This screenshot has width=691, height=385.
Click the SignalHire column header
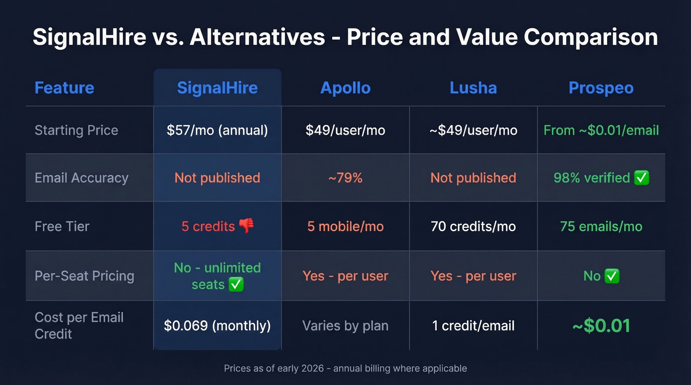click(x=217, y=88)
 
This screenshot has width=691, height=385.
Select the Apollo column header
click(x=345, y=88)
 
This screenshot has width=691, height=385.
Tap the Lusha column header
click(x=473, y=88)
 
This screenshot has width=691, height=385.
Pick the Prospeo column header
click(x=601, y=88)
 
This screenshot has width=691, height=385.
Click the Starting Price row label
click(x=77, y=130)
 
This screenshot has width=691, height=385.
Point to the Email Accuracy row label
click(x=81, y=178)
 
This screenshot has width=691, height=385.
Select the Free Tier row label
click(x=62, y=226)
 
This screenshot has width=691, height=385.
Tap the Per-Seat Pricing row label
click(x=84, y=276)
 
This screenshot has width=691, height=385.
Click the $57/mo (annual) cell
click(x=217, y=130)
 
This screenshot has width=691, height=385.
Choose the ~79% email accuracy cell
click(x=345, y=178)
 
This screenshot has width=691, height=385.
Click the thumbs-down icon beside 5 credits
click(x=246, y=226)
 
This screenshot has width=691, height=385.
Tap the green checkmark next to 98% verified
click(x=642, y=178)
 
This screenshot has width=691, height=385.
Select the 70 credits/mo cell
click(x=473, y=226)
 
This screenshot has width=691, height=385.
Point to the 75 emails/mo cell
click(x=601, y=226)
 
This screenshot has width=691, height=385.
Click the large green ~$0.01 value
click(x=601, y=326)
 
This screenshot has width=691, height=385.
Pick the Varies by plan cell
click(x=345, y=326)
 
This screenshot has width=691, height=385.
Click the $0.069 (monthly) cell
click(x=217, y=326)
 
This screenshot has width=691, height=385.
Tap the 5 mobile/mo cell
click(x=345, y=226)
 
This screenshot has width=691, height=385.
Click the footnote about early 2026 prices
click(x=345, y=368)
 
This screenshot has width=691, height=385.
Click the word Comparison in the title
click(x=590, y=37)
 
